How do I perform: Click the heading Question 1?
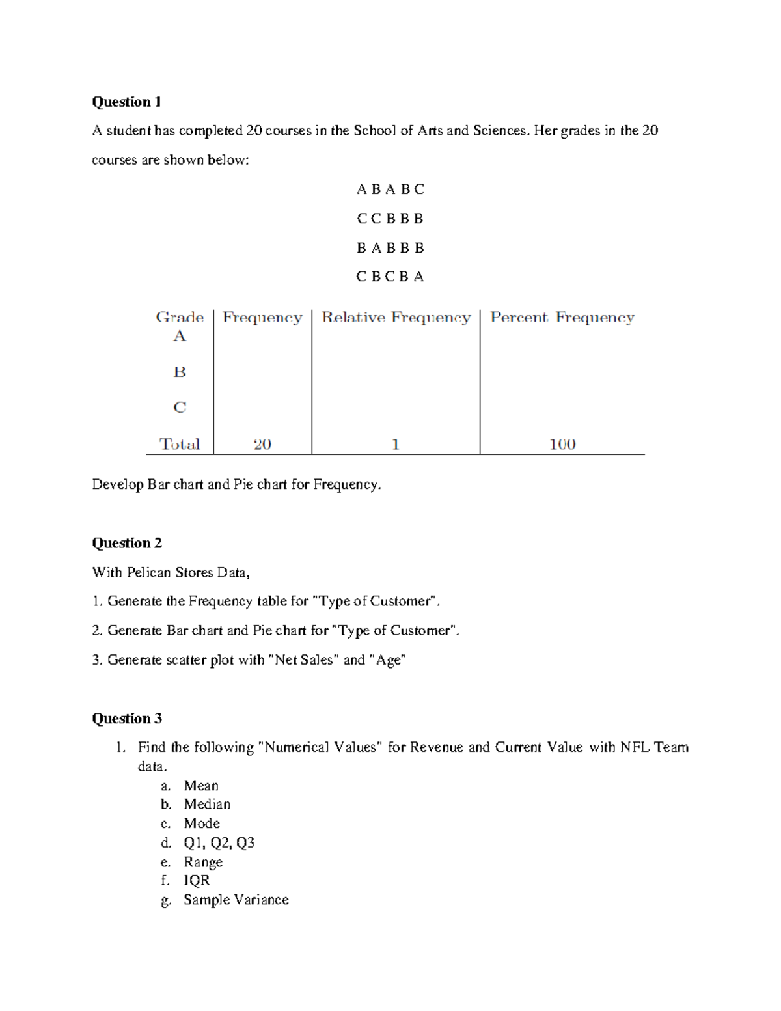pyautogui.click(x=126, y=102)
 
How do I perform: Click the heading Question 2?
pyautogui.click(x=126, y=543)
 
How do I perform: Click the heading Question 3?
pyautogui.click(x=126, y=718)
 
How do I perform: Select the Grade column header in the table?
pyautogui.click(x=180, y=318)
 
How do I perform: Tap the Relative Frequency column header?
pyautogui.click(x=396, y=318)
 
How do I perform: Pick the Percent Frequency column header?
pyautogui.click(x=562, y=318)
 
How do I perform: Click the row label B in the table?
pyautogui.click(x=180, y=372)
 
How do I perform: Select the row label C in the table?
pyautogui.click(x=180, y=408)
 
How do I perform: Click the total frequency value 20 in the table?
pyautogui.click(x=262, y=444)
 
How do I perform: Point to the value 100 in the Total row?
pyautogui.click(x=562, y=444)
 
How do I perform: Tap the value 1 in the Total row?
pyautogui.click(x=395, y=444)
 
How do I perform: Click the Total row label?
pyautogui.click(x=180, y=444)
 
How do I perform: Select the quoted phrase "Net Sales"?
pyautogui.click(x=303, y=659)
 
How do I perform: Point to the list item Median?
pyautogui.click(x=207, y=804)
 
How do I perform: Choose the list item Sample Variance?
pyautogui.click(x=236, y=900)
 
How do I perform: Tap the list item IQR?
pyautogui.click(x=197, y=880)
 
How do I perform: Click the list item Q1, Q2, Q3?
pyautogui.click(x=219, y=842)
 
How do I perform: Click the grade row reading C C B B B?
pyautogui.click(x=390, y=218)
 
